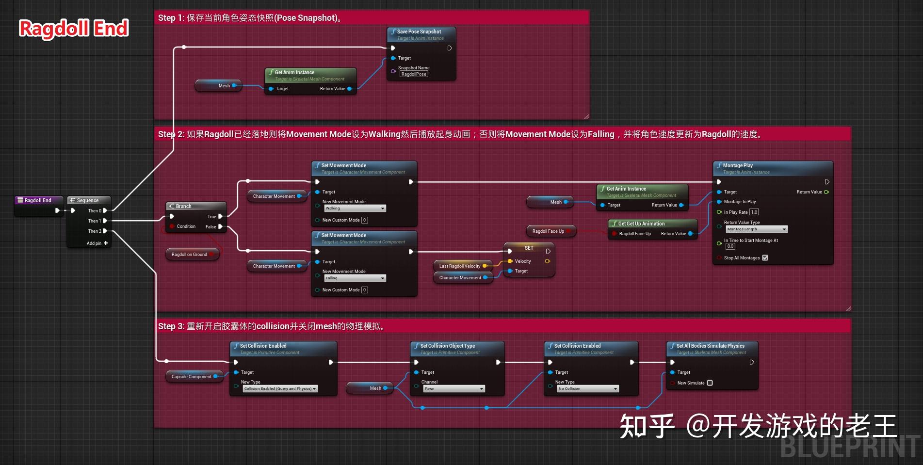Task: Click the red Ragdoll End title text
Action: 74,28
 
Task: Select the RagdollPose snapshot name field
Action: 414,74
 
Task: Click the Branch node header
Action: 195,206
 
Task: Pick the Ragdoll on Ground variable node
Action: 192,254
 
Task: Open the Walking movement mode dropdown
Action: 355,208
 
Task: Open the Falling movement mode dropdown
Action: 355,278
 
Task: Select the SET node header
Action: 529,248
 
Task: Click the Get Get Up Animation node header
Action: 652,224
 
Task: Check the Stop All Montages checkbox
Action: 765,258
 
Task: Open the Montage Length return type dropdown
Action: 756,229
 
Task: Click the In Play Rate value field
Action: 754,212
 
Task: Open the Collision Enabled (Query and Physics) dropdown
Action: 280,389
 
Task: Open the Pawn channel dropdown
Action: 453,389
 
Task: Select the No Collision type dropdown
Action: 587,389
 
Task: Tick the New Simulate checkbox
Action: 710,383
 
